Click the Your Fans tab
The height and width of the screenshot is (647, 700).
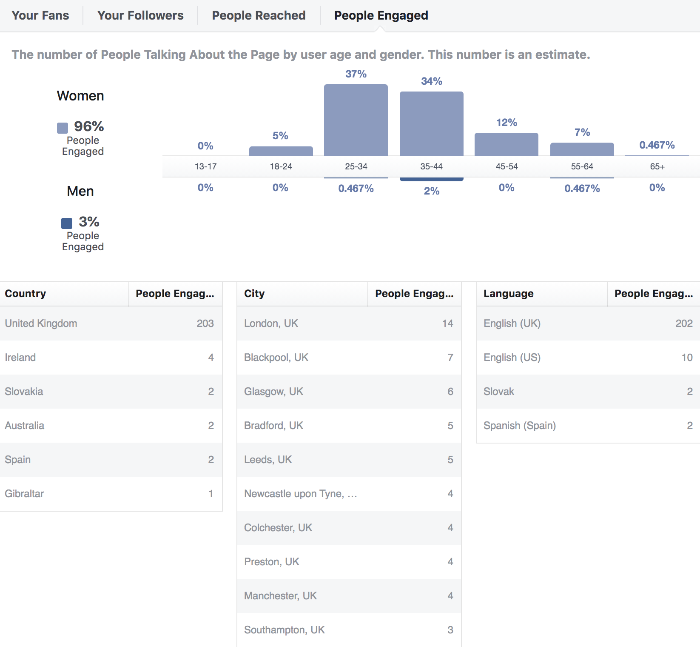(40, 16)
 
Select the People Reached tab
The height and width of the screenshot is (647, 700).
(259, 16)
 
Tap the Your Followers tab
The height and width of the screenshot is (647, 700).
(140, 16)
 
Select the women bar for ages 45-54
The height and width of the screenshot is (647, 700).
(507, 145)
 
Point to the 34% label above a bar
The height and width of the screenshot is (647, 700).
(431, 81)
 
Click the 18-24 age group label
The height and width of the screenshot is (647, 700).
(281, 166)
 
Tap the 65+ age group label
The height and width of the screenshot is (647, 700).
(657, 166)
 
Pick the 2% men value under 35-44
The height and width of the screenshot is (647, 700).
(431, 191)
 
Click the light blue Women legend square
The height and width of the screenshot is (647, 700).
(63, 128)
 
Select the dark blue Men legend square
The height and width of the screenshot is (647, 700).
(67, 223)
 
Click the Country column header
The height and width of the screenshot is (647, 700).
(26, 294)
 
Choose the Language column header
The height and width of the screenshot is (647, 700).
(508, 294)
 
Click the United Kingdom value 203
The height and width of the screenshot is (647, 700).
(205, 323)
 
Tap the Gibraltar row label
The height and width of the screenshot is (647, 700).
(24, 494)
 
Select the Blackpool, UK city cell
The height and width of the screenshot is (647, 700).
(276, 358)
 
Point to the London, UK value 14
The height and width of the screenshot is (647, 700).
(447, 323)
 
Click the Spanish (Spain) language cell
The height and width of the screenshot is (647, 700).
(519, 426)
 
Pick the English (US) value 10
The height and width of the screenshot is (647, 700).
(687, 358)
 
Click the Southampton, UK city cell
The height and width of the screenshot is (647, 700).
(284, 630)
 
